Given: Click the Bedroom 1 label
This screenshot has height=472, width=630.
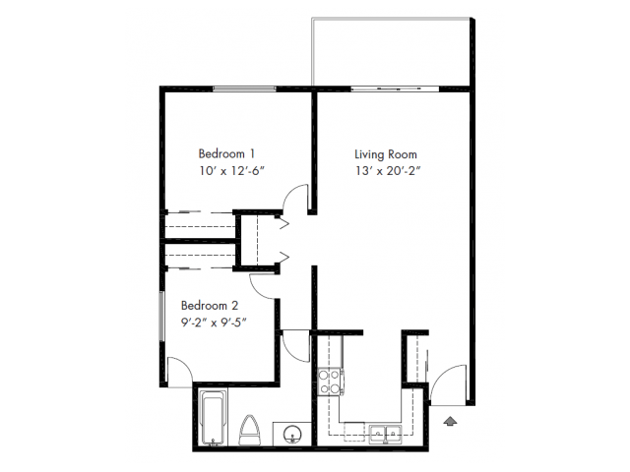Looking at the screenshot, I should click(227, 153).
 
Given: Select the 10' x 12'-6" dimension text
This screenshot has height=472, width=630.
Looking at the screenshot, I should click(232, 170).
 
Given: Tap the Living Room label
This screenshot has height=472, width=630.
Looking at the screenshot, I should click(386, 153).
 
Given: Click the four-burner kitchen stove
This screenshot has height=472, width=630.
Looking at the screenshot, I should click(330, 380).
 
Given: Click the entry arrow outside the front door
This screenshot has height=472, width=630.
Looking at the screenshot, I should click(451, 421).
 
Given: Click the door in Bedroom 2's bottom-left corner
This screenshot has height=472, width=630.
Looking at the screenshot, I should click(177, 371).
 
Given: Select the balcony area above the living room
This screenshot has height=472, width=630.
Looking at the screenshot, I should click(394, 54).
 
